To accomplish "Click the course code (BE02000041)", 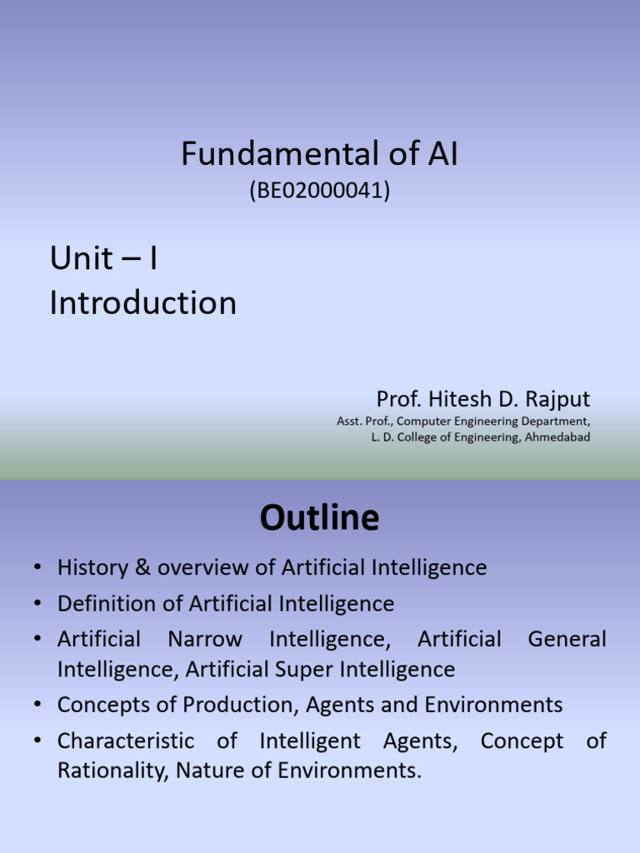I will [x=320, y=192].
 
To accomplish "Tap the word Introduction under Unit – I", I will [x=143, y=302].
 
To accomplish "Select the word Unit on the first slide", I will [x=81, y=259].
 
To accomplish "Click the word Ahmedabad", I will [x=557, y=437].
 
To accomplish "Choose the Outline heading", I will [x=320, y=518].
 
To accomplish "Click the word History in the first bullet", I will [x=92, y=568].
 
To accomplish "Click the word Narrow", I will [x=205, y=640].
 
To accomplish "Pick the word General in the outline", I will [x=567, y=640].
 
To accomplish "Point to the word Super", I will [x=327, y=670].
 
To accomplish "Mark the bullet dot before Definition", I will [x=38, y=604].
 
